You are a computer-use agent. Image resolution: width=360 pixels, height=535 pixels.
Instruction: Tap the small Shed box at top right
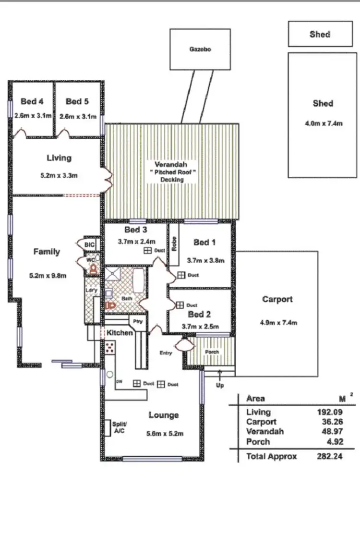[320, 34]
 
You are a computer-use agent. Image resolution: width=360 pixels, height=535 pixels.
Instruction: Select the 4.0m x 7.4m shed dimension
[324, 123]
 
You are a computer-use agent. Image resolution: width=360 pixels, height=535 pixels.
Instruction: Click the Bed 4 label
[32, 101]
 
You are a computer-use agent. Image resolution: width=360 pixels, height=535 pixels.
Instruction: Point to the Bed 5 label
[77, 101]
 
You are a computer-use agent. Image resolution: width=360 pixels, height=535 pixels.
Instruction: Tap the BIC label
[90, 245]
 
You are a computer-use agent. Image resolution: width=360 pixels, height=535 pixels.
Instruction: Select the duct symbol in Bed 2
[180, 305]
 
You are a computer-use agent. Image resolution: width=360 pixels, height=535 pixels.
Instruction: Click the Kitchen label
[120, 332]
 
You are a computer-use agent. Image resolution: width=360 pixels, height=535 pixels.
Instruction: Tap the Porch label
[212, 352]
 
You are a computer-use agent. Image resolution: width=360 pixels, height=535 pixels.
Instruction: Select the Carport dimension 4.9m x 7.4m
[277, 323]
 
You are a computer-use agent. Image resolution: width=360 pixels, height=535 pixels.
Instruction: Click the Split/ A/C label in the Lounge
[119, 427]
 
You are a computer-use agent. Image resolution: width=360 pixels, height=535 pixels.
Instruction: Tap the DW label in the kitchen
[120, 382]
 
